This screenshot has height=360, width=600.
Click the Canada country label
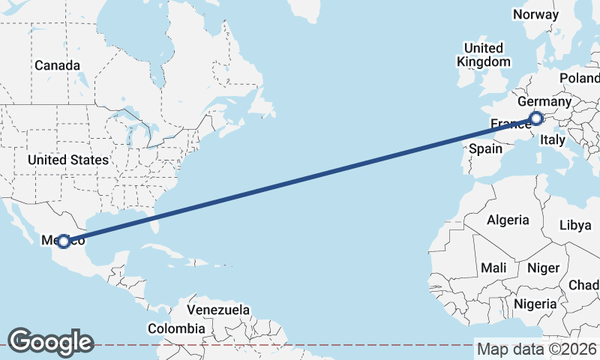[57, 65]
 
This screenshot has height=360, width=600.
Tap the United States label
[67, 160]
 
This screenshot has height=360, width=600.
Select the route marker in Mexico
[64, 241]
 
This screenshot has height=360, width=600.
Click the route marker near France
[535, 118]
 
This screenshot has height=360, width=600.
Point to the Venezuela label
[218, 309]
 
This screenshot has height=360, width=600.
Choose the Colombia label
[175, 328]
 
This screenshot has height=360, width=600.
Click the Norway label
[535, 14]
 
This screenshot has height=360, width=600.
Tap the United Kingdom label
[484, 55]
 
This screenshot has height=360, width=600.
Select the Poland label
[579, 79]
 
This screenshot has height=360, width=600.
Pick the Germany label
[544, 101]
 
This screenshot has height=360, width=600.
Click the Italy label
[553, 139]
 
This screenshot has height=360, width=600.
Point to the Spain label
[485, 148]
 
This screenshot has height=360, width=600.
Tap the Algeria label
[508, 220]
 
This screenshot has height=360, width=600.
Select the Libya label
[575, 225]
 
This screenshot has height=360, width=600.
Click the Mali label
[493, 268]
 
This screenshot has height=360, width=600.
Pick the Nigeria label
[535, 304]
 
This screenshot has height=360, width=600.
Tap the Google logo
[50, 341]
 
